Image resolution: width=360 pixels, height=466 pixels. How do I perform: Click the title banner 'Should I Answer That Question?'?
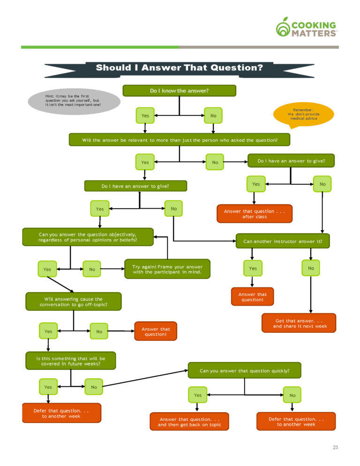pos(180,68)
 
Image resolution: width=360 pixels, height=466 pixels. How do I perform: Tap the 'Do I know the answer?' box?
pos(179,90)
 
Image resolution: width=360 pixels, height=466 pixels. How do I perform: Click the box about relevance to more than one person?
pos(180,140)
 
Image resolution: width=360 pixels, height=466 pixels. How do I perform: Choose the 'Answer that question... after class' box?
pos(255,214)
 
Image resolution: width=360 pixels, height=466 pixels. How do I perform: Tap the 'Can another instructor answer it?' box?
pos(282,241)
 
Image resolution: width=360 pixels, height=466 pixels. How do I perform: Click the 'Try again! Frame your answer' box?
pos(167,269)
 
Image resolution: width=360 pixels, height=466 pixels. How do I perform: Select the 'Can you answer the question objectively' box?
pos(88,237)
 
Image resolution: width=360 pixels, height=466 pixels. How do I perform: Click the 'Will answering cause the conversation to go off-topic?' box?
pos(73,301)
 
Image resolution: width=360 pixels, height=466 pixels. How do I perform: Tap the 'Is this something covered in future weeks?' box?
pos(70,361)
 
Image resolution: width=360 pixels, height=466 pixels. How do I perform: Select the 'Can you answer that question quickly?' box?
pos(244,370)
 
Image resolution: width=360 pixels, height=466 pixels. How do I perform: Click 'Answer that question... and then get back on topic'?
pos(189,421)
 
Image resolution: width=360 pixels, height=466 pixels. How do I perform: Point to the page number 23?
pos(335,447)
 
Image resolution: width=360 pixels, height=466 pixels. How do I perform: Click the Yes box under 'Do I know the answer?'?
pos(145,115)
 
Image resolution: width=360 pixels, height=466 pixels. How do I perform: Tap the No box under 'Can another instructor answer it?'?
pos(311,268)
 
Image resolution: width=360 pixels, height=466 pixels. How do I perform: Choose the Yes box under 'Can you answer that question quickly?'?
pos(198,395)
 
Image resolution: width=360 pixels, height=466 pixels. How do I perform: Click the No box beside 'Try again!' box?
pos(92,269)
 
